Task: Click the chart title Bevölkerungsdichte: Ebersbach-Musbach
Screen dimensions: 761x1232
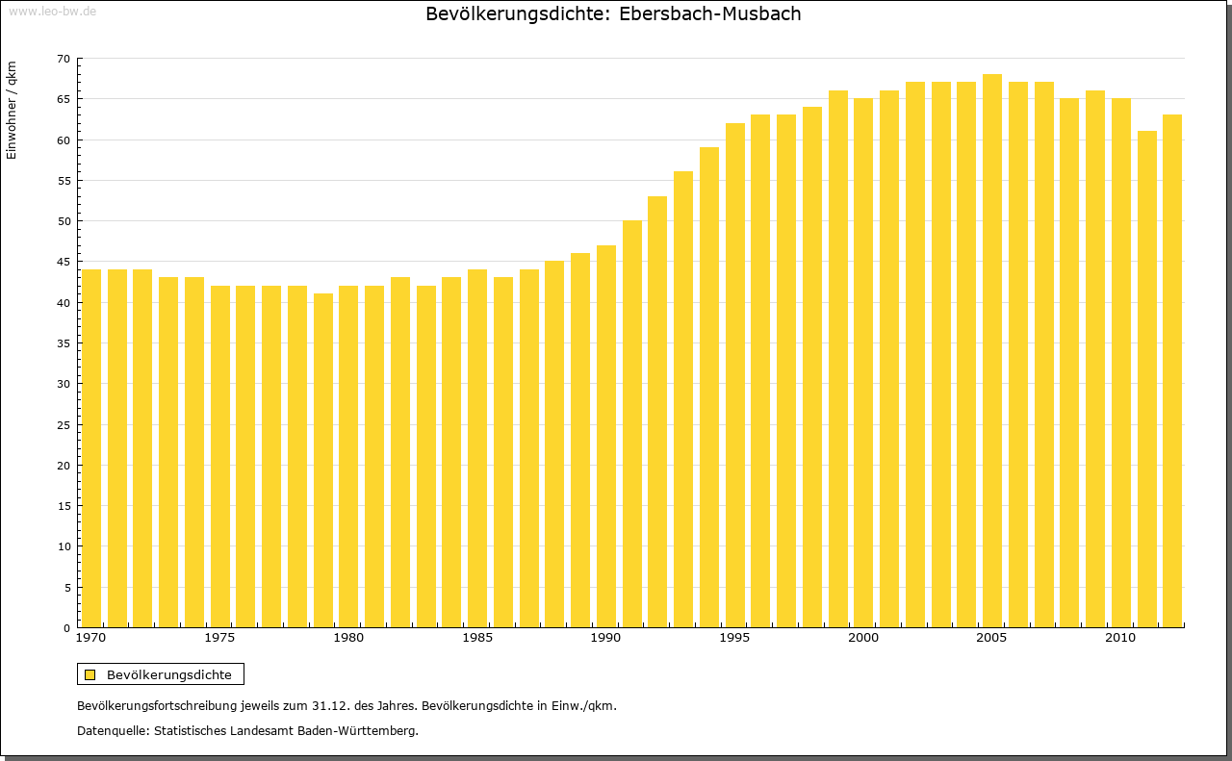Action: (613, 14)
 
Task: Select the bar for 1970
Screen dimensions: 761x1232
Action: (91, 447)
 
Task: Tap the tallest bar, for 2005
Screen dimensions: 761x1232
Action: (992, 351)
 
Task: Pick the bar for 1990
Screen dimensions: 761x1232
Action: (606, 436)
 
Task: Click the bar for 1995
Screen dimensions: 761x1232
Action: (735, 375)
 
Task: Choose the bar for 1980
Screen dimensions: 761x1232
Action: (348, 456)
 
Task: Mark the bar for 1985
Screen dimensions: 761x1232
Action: (477, 447)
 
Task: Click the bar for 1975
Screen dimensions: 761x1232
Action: (220, 456)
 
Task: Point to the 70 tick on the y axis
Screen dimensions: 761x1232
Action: (64, 59)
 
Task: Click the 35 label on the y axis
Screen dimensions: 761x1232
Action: (64, 343)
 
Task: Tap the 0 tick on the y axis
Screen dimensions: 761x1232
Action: (66, 628)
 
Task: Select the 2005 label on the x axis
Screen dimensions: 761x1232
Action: (991, 638)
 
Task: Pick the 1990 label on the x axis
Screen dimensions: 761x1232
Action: (605, 638)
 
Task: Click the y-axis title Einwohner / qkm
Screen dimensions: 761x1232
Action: (12, 111)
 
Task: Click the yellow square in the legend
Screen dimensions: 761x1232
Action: (90, 674)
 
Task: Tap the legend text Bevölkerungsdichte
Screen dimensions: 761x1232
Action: (169, 674)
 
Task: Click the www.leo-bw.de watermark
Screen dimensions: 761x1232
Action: (52, 10)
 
